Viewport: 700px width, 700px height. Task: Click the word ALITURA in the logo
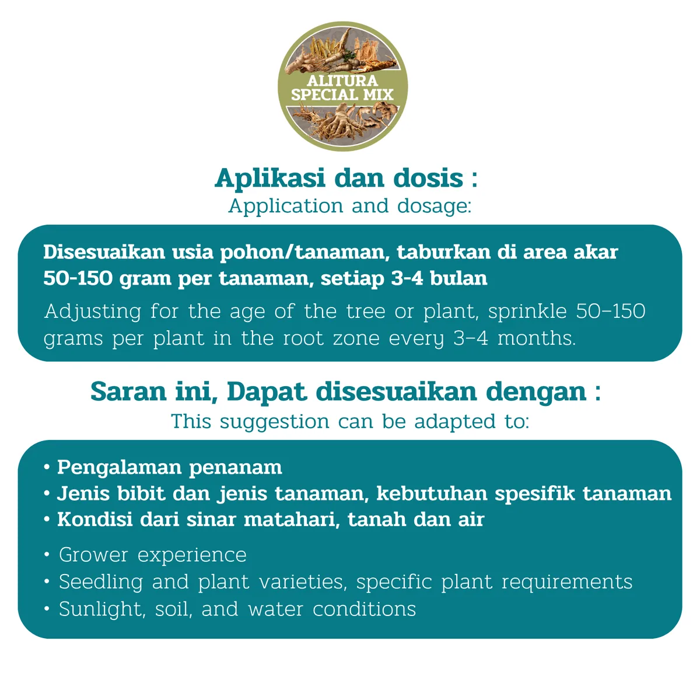point(342,80)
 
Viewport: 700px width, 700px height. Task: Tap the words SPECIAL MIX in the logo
point(342,95)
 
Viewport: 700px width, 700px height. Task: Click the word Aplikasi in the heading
point(269,178)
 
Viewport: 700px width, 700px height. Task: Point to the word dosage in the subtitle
point(434,206)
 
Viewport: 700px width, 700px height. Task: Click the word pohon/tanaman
point(302,252)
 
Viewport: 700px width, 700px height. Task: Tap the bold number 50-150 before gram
point(78,279)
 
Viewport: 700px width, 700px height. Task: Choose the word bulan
point(459,278)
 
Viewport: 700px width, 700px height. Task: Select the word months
point(537,338)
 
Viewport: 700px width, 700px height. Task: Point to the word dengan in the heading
point(536,393)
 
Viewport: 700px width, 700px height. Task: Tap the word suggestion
point(274,422)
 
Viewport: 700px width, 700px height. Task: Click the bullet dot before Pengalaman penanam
point(47,467)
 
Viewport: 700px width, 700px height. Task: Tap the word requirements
point(567,582)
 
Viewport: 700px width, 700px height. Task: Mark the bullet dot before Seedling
point(47,582)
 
